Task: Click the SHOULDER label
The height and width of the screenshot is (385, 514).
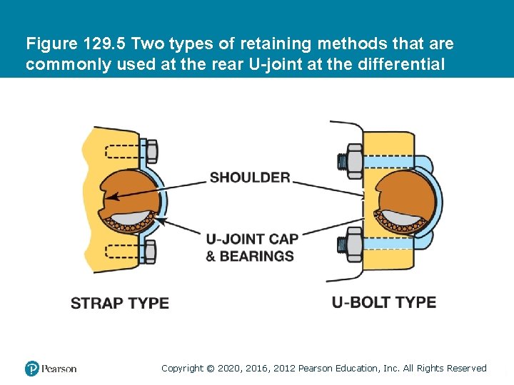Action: pyautogui.click(x=250, y=178)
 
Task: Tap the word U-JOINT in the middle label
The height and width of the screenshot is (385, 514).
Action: pyautogui.click(x=231, y=240)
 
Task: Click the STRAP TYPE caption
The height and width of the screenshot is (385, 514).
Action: pyautogui.click(x=120, y=303)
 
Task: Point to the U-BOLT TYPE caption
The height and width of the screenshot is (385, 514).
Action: pyautogui.click(x=384, y=302)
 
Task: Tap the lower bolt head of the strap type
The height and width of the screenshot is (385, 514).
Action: pyautogui.click(x=151, y=251)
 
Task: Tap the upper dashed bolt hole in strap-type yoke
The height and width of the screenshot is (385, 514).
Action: pyautogui.click(x=124, y=152)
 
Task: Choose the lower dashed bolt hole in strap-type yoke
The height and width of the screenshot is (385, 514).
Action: pyautogui.click(x=124, y=251)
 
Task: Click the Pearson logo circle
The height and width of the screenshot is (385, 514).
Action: pyautogui.click(x=32, y=369)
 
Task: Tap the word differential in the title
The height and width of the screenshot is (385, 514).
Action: pyautogui.click(x=405, y=64)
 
